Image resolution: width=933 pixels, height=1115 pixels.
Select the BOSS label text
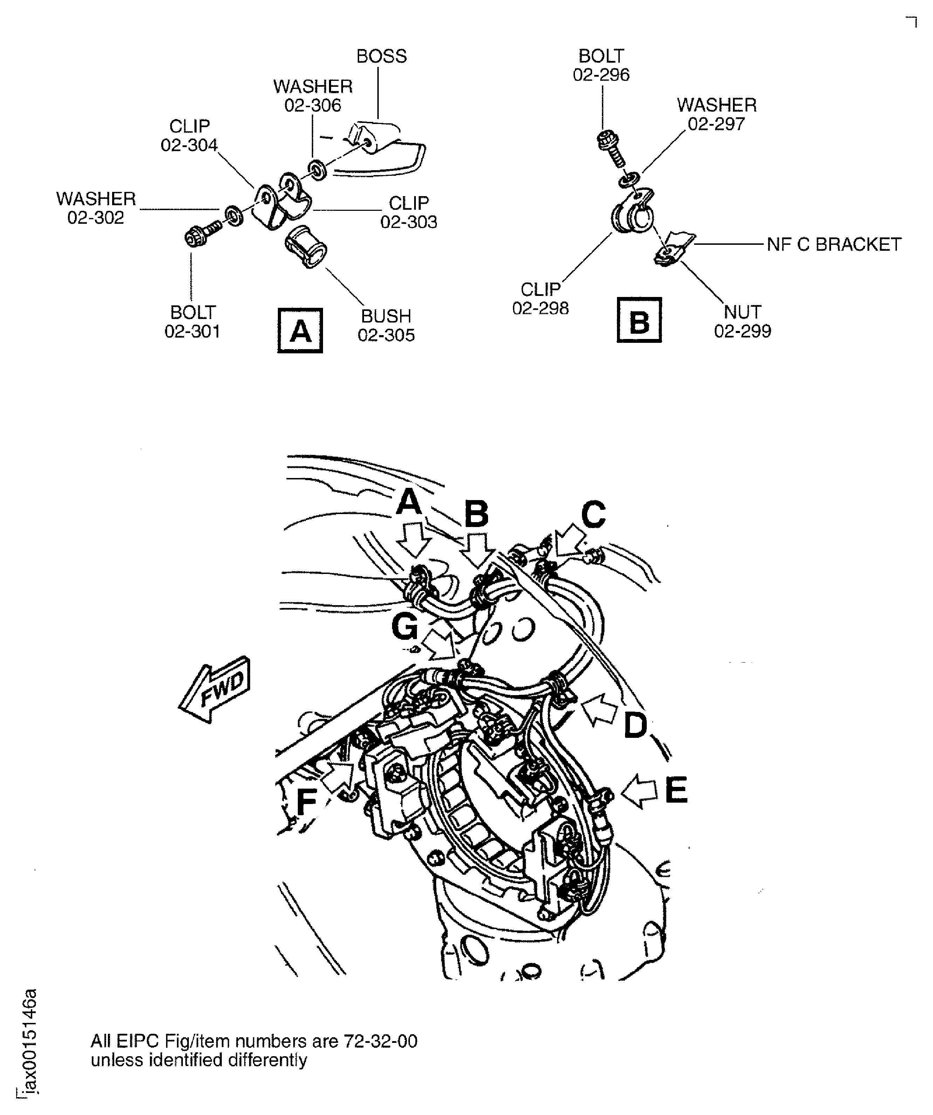tap(382, 56)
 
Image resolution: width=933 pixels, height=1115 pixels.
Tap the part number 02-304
tap(189, 145)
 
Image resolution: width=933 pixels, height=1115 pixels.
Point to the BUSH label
tap(386, 316)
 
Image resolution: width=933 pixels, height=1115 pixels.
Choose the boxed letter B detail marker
tap(639, 320)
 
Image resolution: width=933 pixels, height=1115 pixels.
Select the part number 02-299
tap(742, 331)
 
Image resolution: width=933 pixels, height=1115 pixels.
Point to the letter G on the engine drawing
tap(405, 627)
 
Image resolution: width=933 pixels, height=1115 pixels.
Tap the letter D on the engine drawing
tap(635, 725)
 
